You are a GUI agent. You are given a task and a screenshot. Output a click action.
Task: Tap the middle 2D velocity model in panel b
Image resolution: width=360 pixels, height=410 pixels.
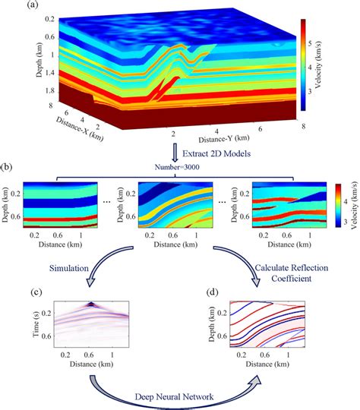pos(181,202)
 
